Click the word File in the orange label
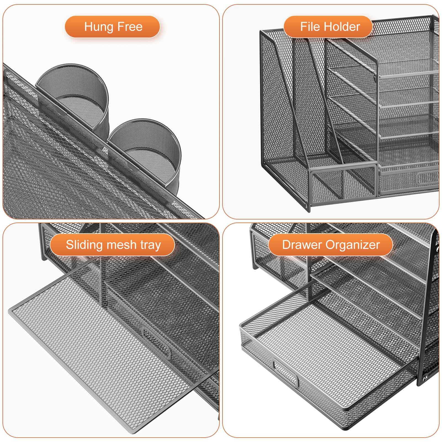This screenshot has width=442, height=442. click(310, 27)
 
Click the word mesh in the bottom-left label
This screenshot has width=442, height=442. click(121, 245)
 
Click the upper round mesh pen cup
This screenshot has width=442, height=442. click(72, 91)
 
